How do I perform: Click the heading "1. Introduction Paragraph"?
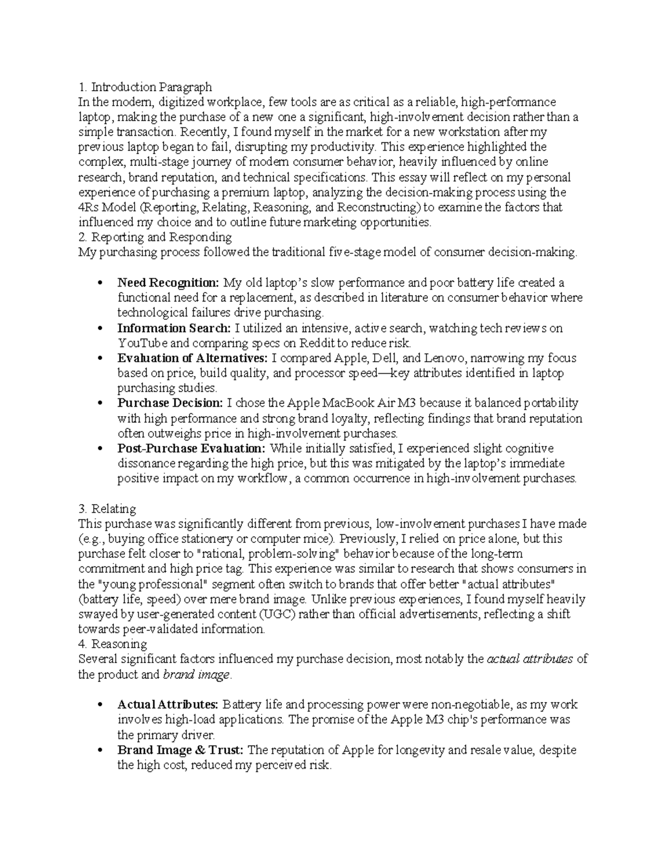145,87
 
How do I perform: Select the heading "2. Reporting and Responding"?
155,238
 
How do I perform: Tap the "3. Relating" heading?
107,509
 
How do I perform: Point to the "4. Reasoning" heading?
112,644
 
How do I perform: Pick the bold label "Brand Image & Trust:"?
180,750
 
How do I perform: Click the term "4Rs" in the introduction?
88,208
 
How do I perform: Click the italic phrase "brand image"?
196,675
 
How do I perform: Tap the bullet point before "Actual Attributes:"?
99,705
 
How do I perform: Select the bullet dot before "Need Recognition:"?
99,283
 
